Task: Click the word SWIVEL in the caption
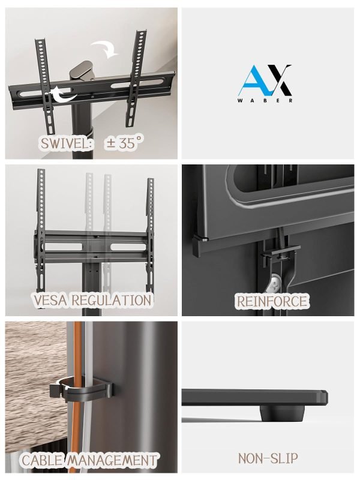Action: click(65, 143)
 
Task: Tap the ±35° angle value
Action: click(124, 143)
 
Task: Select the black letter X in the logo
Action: click(278, 79)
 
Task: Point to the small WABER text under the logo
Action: click(265, 100)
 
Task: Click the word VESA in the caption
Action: click(50, 301)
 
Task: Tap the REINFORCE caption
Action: click(272, 301)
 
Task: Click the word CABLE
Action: click(42, 460)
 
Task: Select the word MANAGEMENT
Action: click(112, 460)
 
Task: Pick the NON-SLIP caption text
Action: click(268, 458)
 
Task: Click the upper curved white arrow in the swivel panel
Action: click(106, 49)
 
